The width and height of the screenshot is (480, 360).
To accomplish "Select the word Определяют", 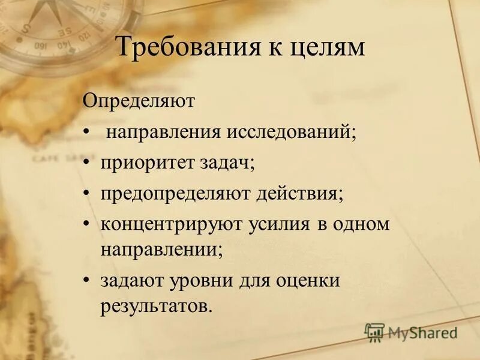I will pyautogui.click(x=139, y=100).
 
